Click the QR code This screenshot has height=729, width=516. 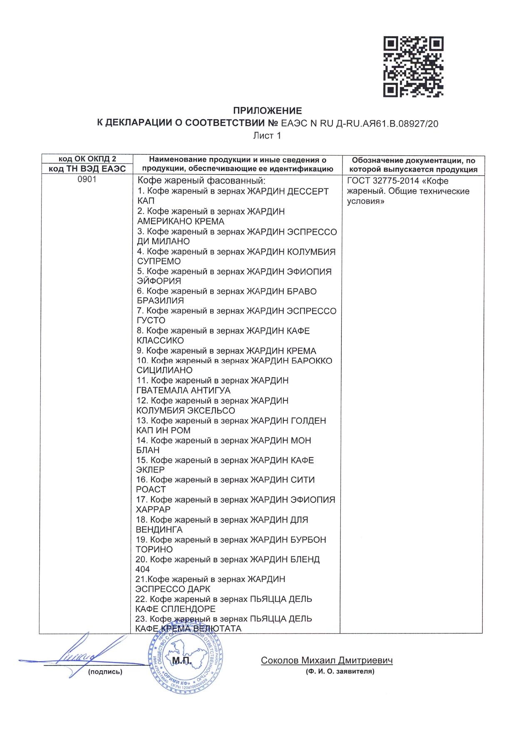pyautogui.click(x=413, y=67)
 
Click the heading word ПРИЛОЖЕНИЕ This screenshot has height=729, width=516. pyautogui.click(x=267, y=111)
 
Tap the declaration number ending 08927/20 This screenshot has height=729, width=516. pyautogui.click(x=360, y=124)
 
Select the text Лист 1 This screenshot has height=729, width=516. pyautogui.click(x=267, y=136)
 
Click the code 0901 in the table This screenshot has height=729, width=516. pyautogui.click(x=87, y=179)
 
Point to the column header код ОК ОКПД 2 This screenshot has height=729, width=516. pyautogui.click(x=87, y=159)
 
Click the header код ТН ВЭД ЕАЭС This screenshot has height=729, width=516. pyautogui.click(x=87, y=168)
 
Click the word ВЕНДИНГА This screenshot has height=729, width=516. pyautogui.click(x=159, y=529)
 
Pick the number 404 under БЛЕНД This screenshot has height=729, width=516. pyautogui.click(x=142, y=569)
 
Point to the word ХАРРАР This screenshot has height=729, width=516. pyautogui.click(x=153, y=509)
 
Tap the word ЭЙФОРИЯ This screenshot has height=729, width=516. pyautogui.click(x=159, y=281)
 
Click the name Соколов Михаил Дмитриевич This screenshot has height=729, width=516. pyautogui.click(x=327, y=660)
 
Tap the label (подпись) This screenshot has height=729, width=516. pyautogui.click(x=105, y=672)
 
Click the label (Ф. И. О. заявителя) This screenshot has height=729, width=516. pyautogui.click(x=340, y=671)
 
